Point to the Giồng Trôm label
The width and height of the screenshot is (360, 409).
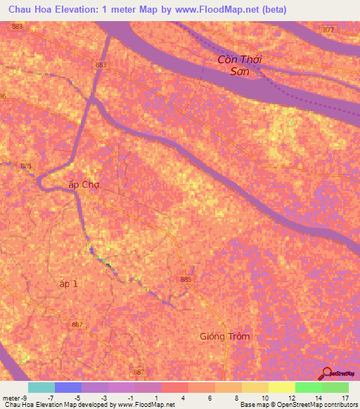point(224,336)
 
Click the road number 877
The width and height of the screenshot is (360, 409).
point(328,30)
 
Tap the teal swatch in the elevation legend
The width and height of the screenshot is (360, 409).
point(41,387)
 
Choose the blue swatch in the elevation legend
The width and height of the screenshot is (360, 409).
point(68,387)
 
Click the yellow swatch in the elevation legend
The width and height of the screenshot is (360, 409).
point(255,387)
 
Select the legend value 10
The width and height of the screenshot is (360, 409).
point(263,398)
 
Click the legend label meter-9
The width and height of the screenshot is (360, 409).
point(14,398)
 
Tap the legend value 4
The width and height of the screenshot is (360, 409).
point(183,398)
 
